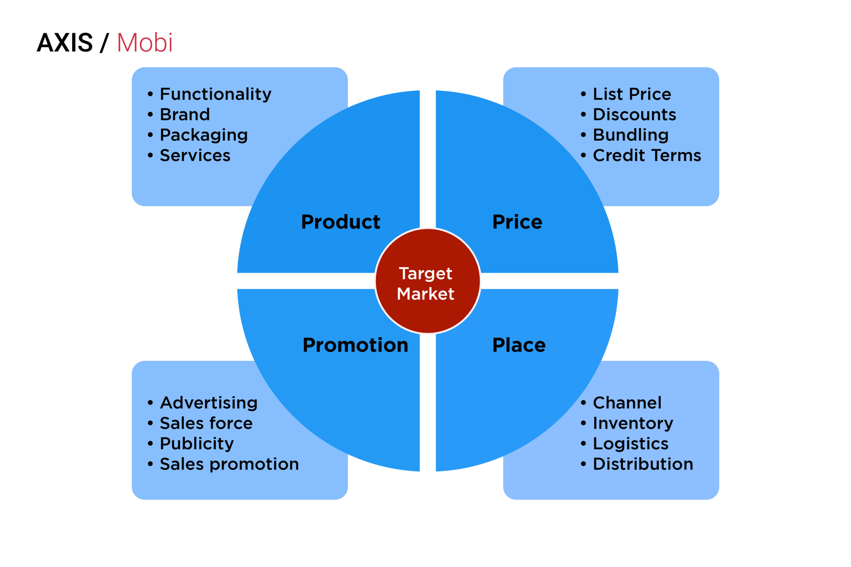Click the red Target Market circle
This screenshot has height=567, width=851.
427,281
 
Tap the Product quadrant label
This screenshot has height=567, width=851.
340,222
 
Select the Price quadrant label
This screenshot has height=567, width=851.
517,222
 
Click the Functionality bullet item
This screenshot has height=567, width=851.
215,95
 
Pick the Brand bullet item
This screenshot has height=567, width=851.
185,114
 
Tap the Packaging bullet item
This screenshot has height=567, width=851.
204,136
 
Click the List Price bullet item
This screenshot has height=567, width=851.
632,94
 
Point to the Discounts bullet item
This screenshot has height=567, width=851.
634,114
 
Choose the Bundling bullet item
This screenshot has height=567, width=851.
631,136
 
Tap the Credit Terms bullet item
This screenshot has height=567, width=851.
647,156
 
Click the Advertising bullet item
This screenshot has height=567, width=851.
209,403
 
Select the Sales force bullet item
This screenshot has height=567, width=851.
206,423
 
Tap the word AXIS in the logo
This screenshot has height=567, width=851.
65,43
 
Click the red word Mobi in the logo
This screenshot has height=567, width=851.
145,43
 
